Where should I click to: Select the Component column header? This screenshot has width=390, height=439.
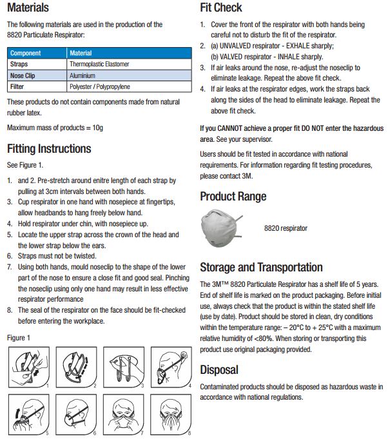point(25,53)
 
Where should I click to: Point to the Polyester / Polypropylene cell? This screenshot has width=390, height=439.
point(100,85)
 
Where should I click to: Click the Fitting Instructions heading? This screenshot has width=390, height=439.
point(49,148)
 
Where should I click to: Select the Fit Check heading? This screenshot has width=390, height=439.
point(221,8)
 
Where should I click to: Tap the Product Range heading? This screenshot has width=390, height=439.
point(232,197)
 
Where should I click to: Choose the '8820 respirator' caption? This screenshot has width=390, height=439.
point(286,228)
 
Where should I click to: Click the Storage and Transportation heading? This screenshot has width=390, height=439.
point(261,267)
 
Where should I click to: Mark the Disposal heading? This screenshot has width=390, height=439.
point(219,370)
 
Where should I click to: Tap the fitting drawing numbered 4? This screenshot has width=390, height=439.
point(171,368)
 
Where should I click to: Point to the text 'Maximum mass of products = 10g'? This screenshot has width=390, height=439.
point(55,128)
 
